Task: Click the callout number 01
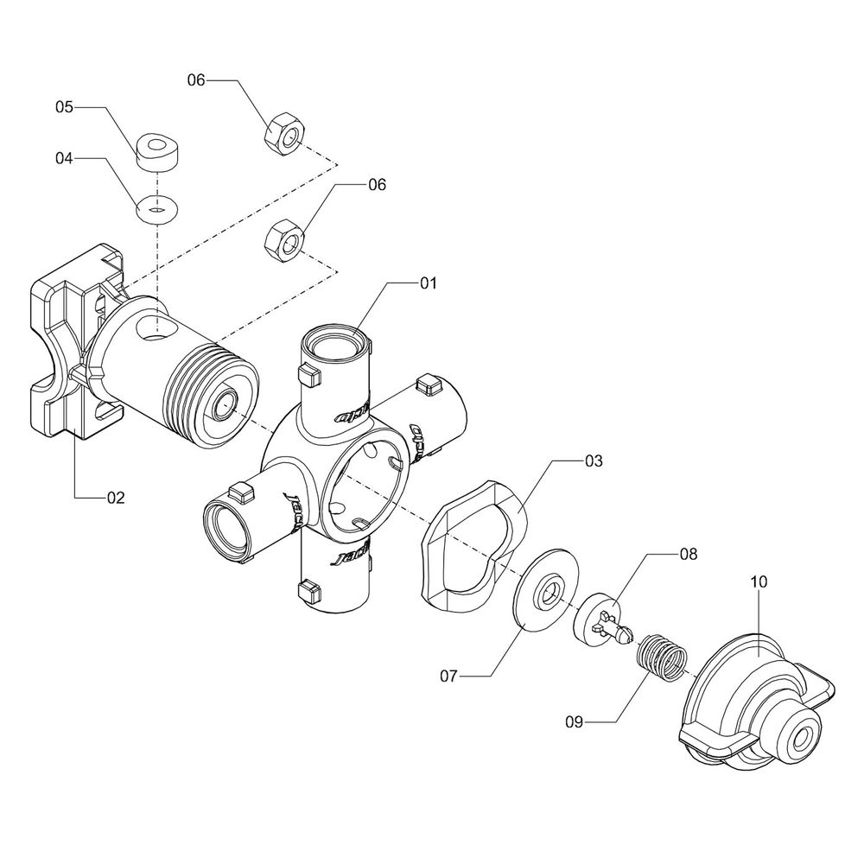(429, 283)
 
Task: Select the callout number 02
(116, 498)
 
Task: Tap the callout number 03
(593, 461)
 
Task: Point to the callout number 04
(67, 159)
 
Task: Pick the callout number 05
(67, 107)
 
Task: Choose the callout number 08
(688, 551)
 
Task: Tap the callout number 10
(759, 582)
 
